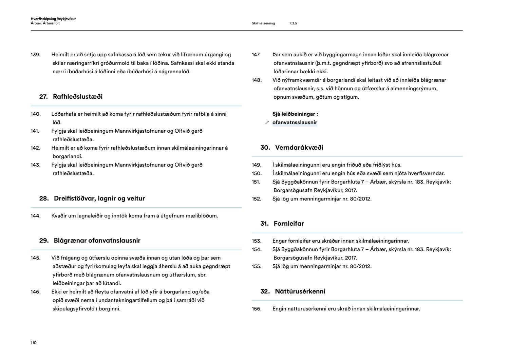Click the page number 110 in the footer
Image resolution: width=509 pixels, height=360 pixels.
pos(34,343)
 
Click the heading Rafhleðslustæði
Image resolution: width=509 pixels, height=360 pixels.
pos(78,97)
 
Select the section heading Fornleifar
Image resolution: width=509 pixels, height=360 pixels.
pos(289,224)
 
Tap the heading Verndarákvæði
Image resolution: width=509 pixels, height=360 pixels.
pos(299,148)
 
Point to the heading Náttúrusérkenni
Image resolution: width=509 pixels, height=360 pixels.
pos(300,291)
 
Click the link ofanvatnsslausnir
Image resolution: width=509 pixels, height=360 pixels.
pos(295,122)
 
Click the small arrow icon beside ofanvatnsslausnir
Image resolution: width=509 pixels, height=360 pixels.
pos(267,122)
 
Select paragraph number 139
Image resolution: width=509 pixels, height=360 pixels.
pos(35,55)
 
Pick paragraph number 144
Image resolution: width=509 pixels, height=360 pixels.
pos(35,216)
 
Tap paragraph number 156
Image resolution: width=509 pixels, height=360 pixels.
pos(257,309)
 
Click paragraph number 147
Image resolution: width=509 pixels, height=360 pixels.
pos(256,55)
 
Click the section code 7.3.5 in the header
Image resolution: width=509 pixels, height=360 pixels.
pos(293,23)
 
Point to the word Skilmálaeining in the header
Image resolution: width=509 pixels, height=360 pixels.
pos(263,23)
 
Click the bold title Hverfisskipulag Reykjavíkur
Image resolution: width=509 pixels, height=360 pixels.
pos(53,19)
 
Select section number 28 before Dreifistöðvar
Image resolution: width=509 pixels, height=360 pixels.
pos(44,198)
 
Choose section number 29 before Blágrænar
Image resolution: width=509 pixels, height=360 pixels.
pos(44,241)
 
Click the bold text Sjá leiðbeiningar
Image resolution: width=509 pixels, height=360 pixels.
pos(295,114)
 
